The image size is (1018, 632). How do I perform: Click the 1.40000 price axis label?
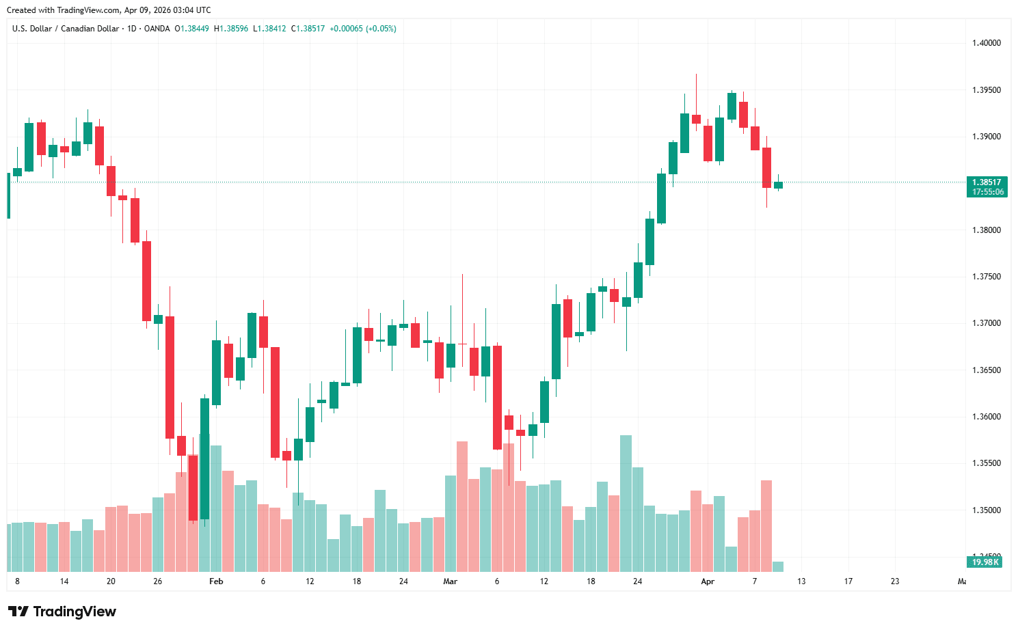pyautogui.click(x=986, y=43)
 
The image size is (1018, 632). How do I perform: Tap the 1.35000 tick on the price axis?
pyautogui.click(x=986, y=510)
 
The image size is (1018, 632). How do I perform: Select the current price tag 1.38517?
pyautogui.click(x=987, y=182)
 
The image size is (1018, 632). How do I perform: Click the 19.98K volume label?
pyautogui.click(x=985, y=562)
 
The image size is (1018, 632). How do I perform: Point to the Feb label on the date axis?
pyautogui.click(x=216, y=581)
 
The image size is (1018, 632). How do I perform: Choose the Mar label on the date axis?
pyautogui.click(x=450, y=581)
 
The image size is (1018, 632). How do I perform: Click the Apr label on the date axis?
pyautogui.click(x=708, y=581)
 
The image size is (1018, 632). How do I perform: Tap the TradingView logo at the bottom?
pyautogui.click(x=62, y=612)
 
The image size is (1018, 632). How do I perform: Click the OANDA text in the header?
pyautogui.click(x=157, y=29)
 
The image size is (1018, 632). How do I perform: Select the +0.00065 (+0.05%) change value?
pyautogui.click(x=362, y=29)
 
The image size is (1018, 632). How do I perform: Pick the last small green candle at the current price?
pyautogui.click(x=778, y=185)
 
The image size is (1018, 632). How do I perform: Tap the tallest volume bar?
pyautogui.click(x=626, y=503)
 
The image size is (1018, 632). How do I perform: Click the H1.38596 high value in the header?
pyautogui.click(x=231, y=29)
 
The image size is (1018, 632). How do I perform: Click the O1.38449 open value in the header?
pyautogui.click(x=192, y=29)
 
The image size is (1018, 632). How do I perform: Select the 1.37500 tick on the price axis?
pyautogui.click(x=986, y=277)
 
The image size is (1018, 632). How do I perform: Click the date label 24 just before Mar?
pyautogui.click(x=403, y=581)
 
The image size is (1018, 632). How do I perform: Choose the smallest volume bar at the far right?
pyautogui.click(x=778, y=566)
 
